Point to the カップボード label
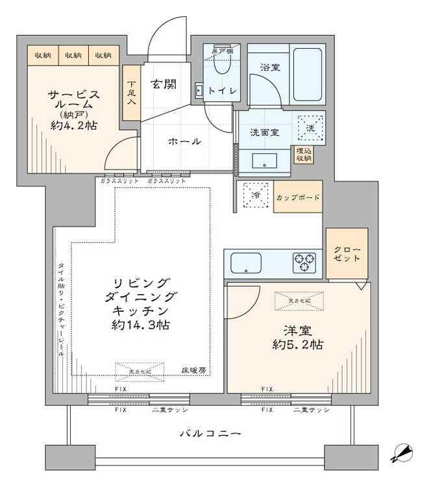coord(298,197)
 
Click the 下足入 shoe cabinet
coord(132,93)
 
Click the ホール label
coord(185,142)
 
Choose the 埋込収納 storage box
coord(304,155)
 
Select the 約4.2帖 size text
coord(73,127)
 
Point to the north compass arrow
coord(403,453)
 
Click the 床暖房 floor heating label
coord(193,371)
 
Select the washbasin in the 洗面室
coord(265,160)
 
